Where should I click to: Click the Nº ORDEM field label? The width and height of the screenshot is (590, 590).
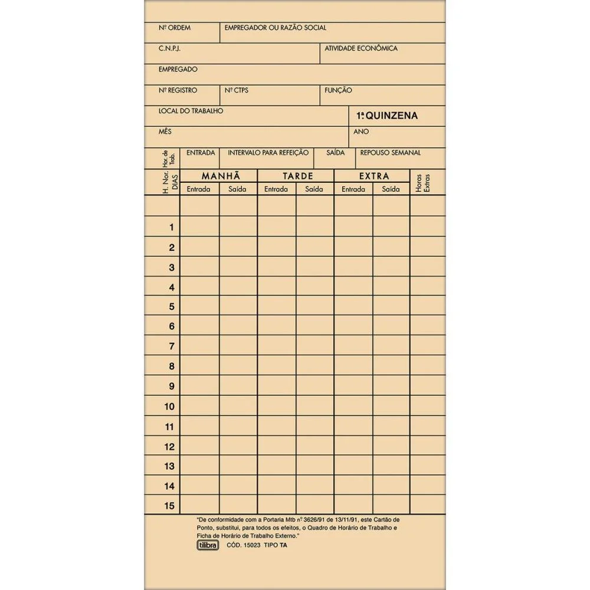(x=175, y=28)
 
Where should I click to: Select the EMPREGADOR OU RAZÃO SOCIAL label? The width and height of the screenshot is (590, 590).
(x=275, y=28)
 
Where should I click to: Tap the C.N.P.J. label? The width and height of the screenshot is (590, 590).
(x=169, y=49)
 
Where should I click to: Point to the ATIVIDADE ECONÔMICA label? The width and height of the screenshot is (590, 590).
(x=361, y=48)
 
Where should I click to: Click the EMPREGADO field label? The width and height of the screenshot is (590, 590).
(x=178, y=70)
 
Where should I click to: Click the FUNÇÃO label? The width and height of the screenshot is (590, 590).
(x=338, y=91)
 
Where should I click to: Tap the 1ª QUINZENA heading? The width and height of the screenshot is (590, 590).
(x=387, y=116)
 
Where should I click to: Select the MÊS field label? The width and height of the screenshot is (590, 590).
(x=165, y=132)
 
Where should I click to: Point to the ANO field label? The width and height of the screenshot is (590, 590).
(x=361, y=132)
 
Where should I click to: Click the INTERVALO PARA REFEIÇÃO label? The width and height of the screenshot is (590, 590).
(x=268, y=153)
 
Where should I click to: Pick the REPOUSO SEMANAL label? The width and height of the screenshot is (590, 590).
(x=391, y=153)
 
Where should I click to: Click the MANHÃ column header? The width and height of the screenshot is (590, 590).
(x=221, y=176)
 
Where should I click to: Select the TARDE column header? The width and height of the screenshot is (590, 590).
(x=298, y=176)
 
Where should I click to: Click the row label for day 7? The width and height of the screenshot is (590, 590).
(x=172, y=346)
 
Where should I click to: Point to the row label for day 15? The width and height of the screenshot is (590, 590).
(x=169, y=506)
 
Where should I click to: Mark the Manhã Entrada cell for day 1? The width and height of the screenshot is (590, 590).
(x=199, y=227)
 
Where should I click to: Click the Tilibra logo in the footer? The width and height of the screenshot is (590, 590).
(x=207, y=545)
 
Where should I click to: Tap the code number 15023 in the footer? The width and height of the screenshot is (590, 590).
(x=250, y=545)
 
